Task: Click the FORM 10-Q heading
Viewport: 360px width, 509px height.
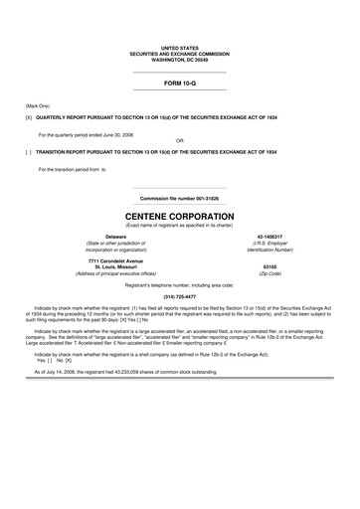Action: [179, 84]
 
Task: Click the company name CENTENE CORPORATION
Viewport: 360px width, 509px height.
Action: [179, 215]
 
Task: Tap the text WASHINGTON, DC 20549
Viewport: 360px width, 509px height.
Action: [179, 59]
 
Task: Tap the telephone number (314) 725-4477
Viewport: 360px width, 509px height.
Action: [179, 296]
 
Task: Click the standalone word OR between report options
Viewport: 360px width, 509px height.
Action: [179, 140]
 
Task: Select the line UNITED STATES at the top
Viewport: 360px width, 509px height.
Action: [179, 47]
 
